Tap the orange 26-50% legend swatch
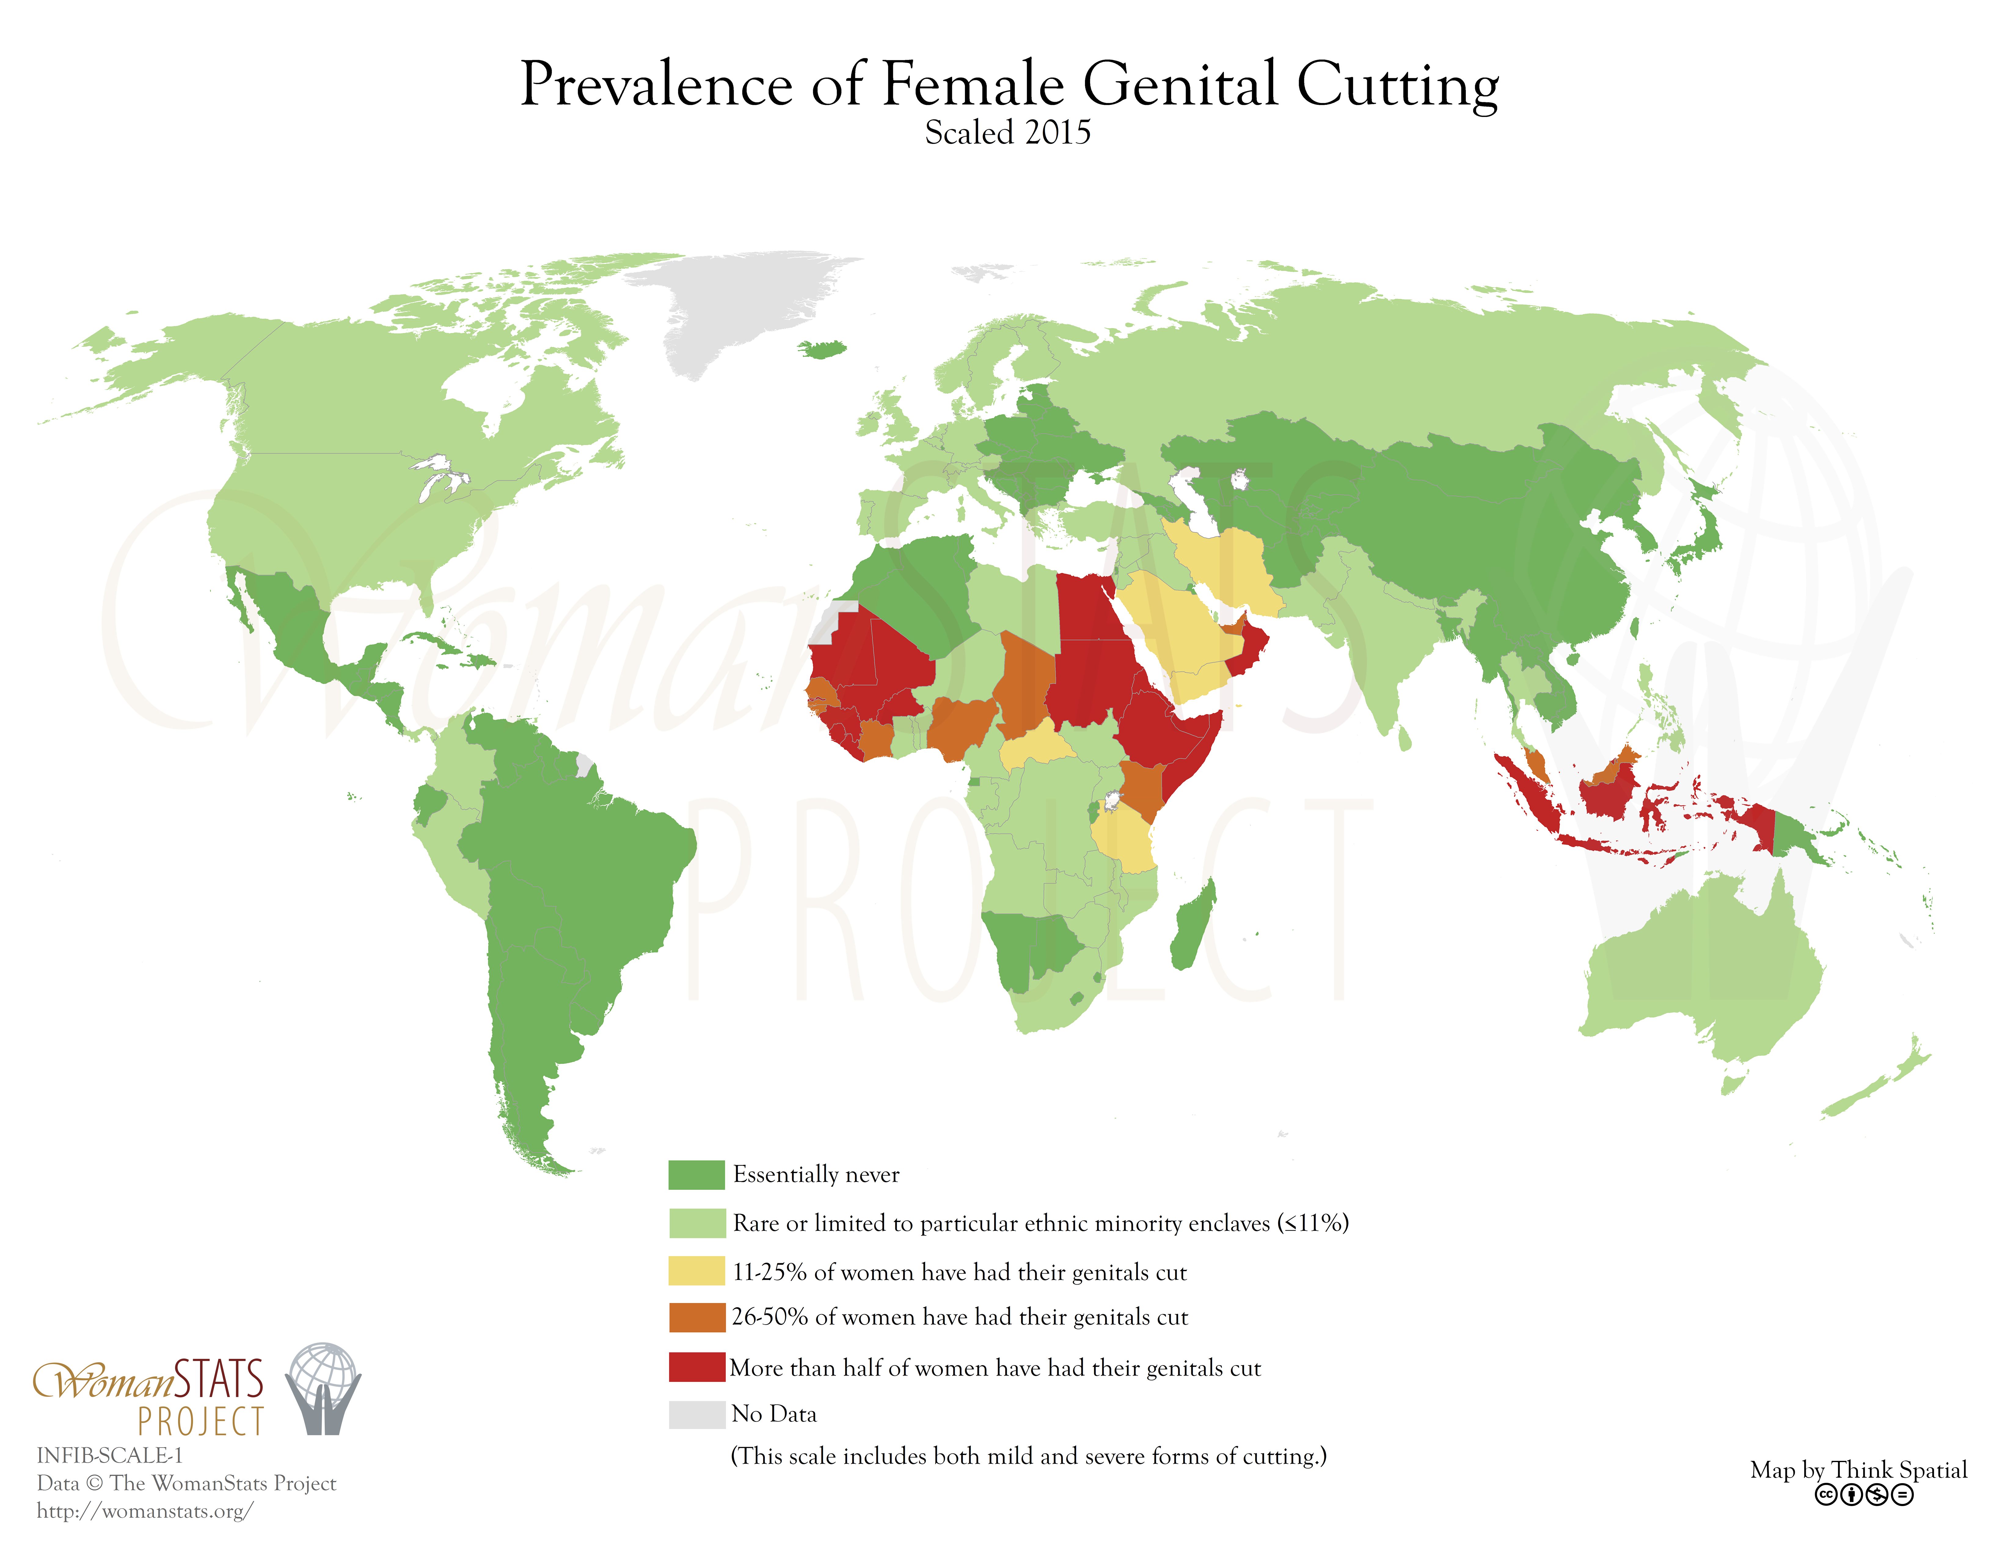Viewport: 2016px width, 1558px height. point(696,1317)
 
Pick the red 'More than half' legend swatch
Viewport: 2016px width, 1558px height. point(696,1367)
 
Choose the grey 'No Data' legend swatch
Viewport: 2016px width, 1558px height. point(696,1414)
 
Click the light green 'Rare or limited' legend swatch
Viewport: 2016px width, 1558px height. point(696,1223)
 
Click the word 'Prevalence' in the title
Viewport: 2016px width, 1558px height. point(656,85)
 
